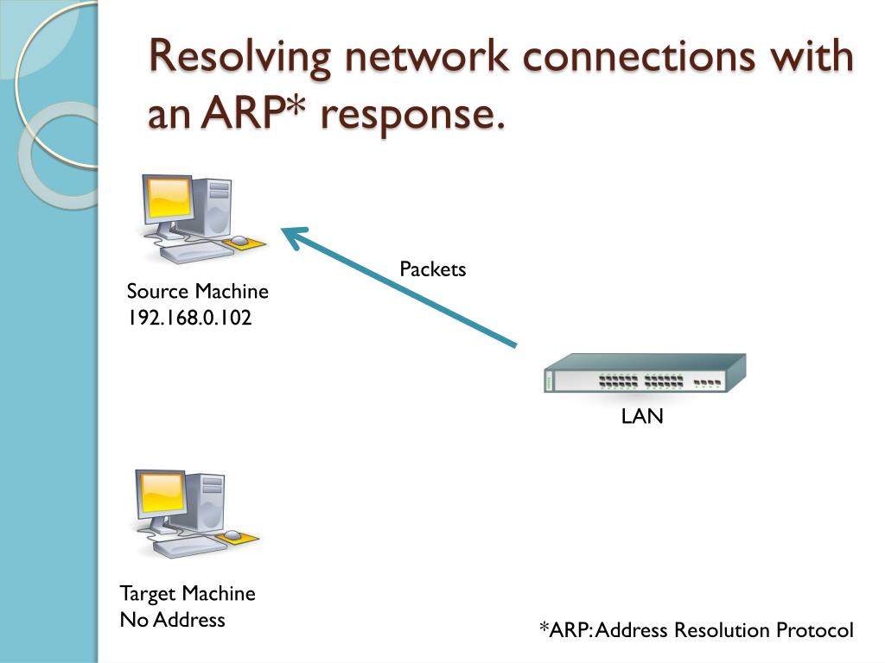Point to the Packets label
coord(432,269)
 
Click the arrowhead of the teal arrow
coord(294,235)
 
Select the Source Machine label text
coord(198,292)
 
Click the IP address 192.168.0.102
coord(189,318)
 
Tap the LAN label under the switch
coord(642,417)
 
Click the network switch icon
coord(644,375)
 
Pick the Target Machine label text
coord(188,594)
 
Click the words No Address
coord(172,620)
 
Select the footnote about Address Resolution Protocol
coord(696,630)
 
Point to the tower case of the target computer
coord(207,502)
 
